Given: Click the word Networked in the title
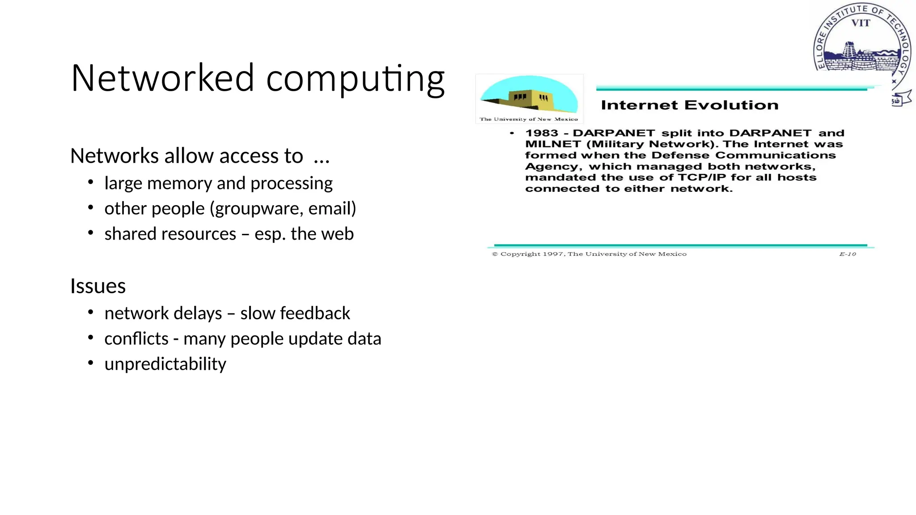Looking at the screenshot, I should point(162,78).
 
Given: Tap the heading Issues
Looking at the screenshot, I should point(98,286).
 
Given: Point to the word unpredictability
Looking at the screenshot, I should point(165,364).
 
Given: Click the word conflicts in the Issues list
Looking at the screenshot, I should point(136,339).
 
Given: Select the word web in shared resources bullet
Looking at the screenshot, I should point(339,234).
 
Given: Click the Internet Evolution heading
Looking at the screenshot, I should point(689,105).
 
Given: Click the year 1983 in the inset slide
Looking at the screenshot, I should point(542,133).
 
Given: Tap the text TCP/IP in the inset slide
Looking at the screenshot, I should point(701,177).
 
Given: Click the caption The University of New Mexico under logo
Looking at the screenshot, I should point(529,119).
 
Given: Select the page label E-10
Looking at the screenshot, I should point(847,254).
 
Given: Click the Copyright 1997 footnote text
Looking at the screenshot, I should point(589,254).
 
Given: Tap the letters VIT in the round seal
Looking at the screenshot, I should point(861,23).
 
